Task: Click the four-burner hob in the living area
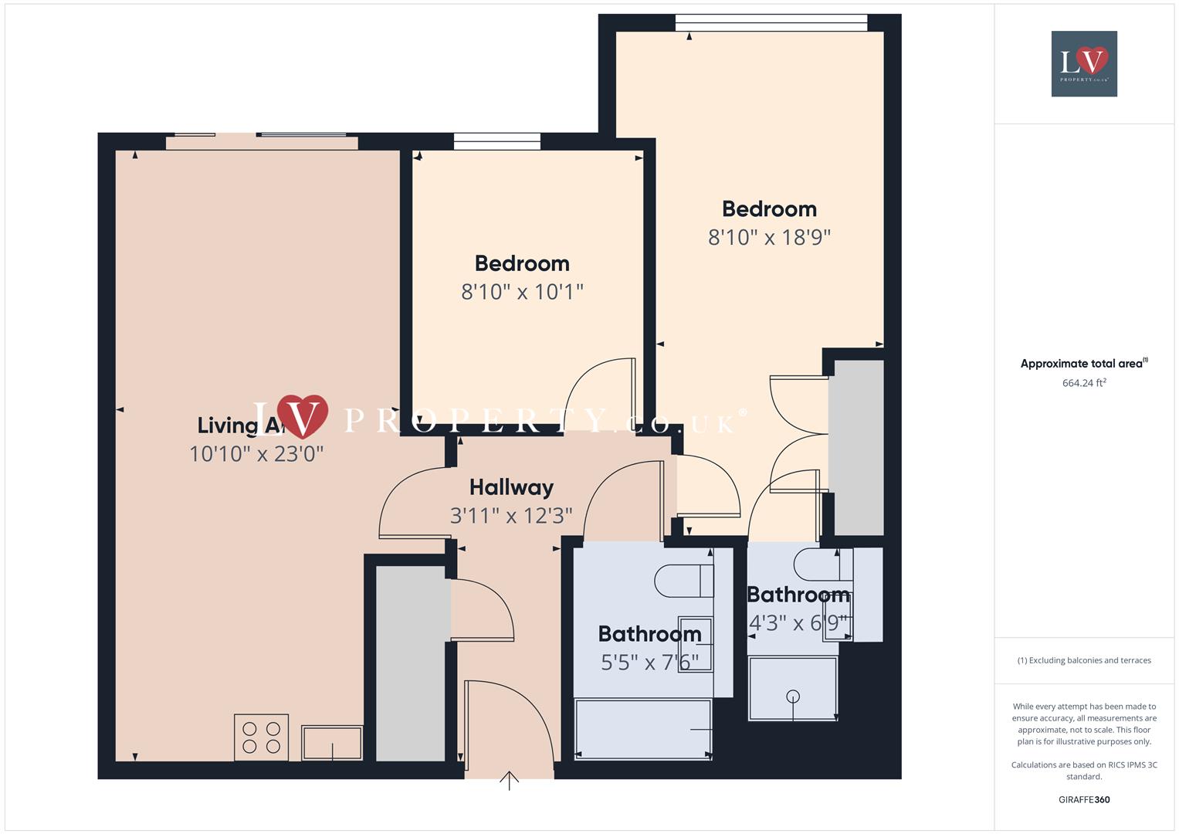pos(261,737)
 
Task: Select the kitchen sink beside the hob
pos(332,743)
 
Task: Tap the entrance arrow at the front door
pos(509,781)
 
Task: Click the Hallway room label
pos(511,487)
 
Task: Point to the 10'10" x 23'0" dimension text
pos(256,453)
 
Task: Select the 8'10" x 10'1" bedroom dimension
pos(522,292)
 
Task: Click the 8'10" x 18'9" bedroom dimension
pos(769,237)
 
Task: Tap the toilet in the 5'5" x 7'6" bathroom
pos(683,581)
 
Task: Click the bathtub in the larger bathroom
pos(643,730)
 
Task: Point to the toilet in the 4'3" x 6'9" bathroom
pos(822,564)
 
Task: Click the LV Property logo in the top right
pos(1084,64)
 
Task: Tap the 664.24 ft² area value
pos(1084,383)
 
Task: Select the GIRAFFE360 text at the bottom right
pos(1084,800)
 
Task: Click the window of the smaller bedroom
pos(496,141)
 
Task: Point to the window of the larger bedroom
pos(771,23)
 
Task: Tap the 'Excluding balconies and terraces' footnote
pos(1084,660)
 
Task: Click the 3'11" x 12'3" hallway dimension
pos(511,516)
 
